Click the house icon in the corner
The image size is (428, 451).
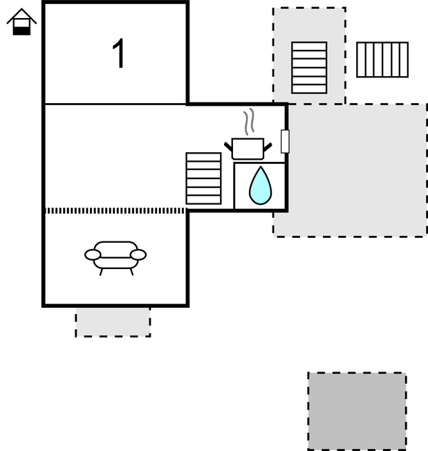coord(21,21)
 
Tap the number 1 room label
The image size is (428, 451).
coord(119,54)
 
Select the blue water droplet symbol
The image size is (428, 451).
coord(260,187)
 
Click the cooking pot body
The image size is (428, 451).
coord(248,149)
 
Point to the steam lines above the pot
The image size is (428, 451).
coord(250,122)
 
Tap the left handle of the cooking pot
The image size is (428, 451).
coord(228,146)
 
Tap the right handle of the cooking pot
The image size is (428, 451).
coord(268,146)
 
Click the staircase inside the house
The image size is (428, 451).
coord(203,178)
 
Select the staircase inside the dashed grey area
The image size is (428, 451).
coord(309,67)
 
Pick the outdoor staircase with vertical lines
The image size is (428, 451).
coord(382,59)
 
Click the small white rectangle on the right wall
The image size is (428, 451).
coord(285,141)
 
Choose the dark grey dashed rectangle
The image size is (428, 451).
coord(357,411)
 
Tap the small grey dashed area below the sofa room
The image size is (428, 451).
coord(113,322)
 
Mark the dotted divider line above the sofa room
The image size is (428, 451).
coord(115,210)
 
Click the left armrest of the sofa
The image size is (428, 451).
coord(93,255)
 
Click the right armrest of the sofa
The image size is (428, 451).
coord(138,255)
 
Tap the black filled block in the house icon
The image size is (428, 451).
coord(21,30)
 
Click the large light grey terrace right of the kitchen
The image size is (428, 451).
coord(357,169)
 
